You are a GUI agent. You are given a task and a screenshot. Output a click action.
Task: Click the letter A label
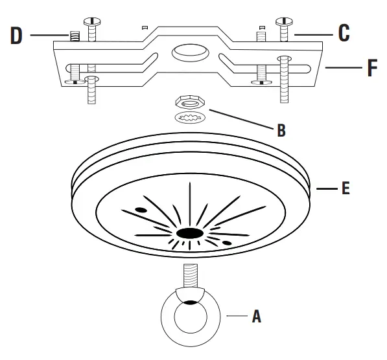point(256,317)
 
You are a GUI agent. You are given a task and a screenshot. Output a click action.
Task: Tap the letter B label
point(281,130)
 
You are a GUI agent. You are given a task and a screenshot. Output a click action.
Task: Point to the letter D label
point(16,35)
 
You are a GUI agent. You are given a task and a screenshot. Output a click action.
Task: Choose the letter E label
point(346,188)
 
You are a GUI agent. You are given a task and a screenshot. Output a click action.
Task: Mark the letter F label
point(371,69)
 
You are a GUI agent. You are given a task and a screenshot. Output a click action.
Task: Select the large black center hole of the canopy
point(189,232)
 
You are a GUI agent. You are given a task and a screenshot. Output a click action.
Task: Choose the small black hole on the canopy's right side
point(228,243)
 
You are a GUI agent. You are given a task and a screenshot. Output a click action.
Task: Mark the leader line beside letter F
point(342,67)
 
